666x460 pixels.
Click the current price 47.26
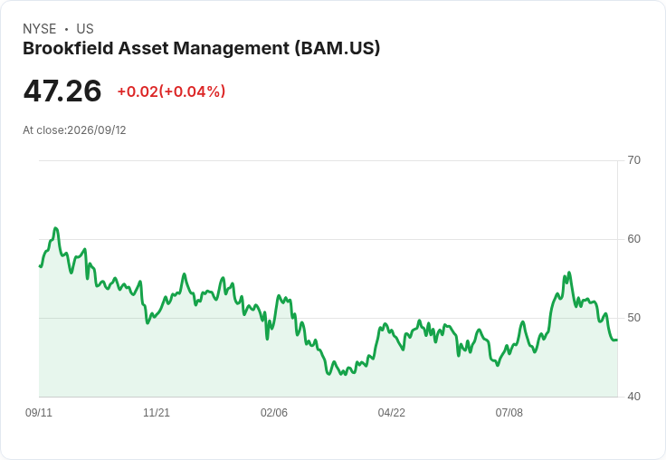click(62, 91)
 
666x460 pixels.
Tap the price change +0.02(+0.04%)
click(171, 91)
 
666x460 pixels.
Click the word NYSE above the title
click(40, 29)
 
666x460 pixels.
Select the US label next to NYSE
click(85, 29)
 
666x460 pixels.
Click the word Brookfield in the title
click(68, 48)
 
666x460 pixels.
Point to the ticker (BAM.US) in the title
click(338, 49)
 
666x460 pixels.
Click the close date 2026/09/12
click(97, 130)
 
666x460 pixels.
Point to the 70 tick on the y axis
click(633, 160)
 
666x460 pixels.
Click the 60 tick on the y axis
click(633, 239)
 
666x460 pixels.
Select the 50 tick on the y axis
click(633, 318)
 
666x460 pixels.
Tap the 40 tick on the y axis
click(633, 397)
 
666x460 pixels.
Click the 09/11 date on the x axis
click(39, 412)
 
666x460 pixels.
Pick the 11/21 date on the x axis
click(157, 412)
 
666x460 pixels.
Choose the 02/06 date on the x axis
click(274, 412)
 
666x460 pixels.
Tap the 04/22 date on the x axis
click(391, 412)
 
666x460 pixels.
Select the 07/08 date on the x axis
click(509, 412)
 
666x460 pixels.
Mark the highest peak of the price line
click(55, 228)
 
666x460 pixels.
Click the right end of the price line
click(617, 340)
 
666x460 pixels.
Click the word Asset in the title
click(143, 48)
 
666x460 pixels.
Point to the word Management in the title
click(231, 49)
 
